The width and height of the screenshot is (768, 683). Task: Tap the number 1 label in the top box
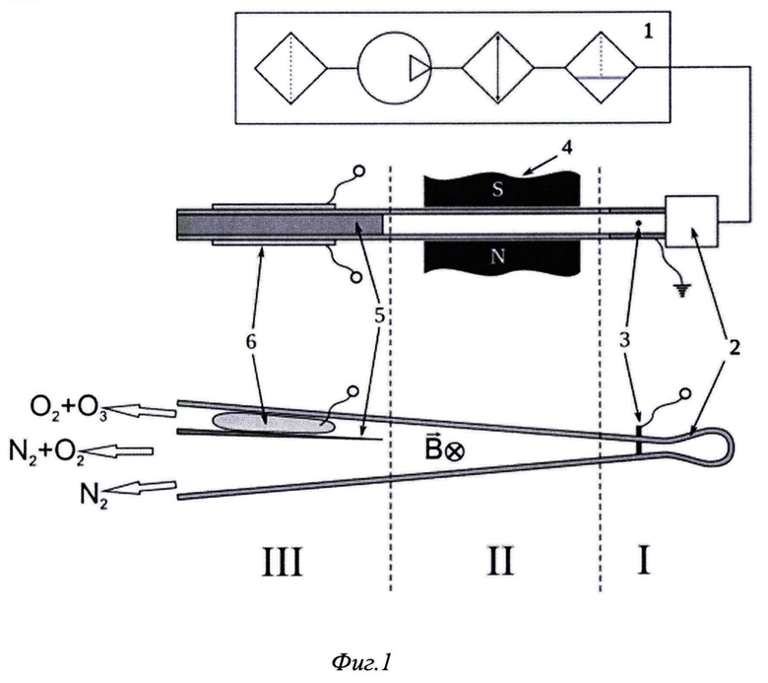coord(648,32)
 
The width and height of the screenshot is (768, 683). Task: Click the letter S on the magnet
coord(497,189)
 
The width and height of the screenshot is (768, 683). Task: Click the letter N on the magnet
coord(497,256)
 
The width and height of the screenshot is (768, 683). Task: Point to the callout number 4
coord(567,148)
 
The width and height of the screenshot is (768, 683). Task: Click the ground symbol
coord(681,291)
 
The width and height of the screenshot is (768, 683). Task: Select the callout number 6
coord(251,342)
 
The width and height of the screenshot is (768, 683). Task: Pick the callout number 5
coord(380,316)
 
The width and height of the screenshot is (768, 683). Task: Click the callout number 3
coord(624,340)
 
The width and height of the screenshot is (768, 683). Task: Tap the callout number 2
coord(734,347)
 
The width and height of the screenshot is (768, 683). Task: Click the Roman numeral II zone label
coord(500,562)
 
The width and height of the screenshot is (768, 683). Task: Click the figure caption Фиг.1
coord(361,663)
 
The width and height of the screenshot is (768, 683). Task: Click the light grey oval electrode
coord(275,423)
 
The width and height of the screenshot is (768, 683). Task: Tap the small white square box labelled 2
coord(691,221)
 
